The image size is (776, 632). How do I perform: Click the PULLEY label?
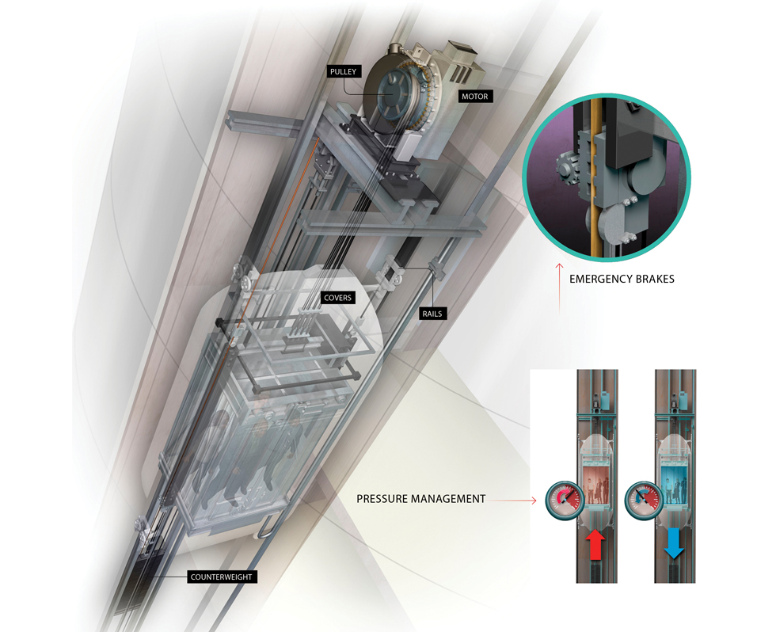pos(344,72)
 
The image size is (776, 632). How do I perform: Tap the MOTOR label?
pos(474,97)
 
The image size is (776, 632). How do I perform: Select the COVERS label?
pos(337,298)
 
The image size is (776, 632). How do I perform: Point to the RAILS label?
pos(432,314)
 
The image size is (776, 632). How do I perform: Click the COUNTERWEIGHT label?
pos(221,577)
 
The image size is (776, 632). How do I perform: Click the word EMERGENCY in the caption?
pos(598,279)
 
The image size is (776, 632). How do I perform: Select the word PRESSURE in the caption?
pos(382,499)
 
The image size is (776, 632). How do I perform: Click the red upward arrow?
pos(595,544)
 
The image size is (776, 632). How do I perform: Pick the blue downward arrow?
pos(674,543)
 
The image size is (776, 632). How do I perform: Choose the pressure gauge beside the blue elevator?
pos(644,501)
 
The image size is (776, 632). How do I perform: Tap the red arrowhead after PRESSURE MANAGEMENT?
pos(534,501)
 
